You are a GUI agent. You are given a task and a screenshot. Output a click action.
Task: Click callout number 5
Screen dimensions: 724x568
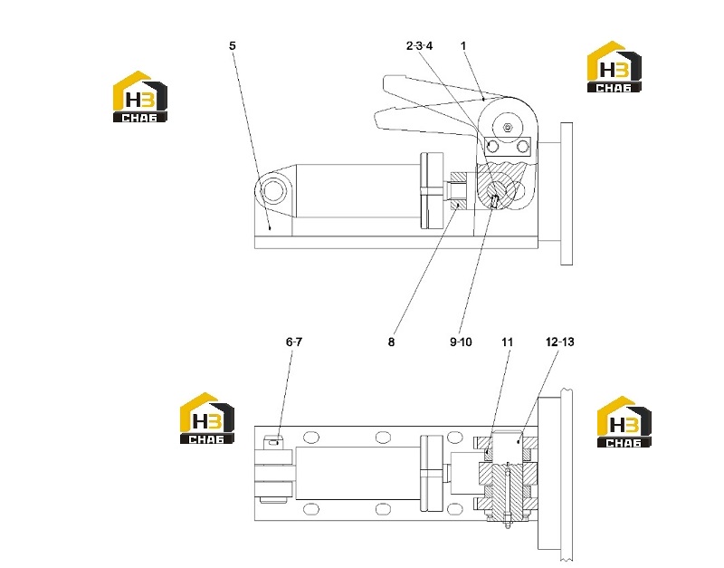[x=233, y=46]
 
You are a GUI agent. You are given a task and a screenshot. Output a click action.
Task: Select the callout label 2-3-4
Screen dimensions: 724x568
[x=419, y=46]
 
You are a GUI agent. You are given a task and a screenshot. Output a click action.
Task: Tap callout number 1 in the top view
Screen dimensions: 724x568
[x=463, y=46]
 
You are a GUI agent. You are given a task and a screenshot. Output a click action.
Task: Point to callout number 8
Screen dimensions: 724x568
[x=391, y=342]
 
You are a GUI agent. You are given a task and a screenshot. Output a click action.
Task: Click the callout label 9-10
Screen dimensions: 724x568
[x=461, y=342]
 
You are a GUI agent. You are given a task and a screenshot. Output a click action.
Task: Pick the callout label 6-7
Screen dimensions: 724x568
[x=293, y=342]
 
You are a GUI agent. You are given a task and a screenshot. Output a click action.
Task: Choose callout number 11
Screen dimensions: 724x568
[x=507, y=342]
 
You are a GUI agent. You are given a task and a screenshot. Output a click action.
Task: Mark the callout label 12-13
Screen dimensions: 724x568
[x=559, y=342]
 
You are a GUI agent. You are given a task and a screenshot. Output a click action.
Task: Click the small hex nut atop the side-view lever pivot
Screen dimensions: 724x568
[x=508, y=127]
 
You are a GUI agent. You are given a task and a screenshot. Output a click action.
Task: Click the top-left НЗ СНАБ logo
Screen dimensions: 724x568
[x=140, y=97]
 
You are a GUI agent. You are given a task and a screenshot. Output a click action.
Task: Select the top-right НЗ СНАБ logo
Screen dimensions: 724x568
[x=614, y=67]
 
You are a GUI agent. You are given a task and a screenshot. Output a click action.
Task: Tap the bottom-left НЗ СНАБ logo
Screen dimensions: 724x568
[x=207, y=419]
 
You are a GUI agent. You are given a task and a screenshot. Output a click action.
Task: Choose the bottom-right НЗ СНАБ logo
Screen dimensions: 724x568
[x=624, y=421]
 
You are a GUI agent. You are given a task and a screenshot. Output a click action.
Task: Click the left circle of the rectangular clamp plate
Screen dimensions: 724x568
[x=492, y=147]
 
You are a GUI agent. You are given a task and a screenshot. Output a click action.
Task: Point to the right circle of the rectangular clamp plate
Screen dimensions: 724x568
[x=523, y=147]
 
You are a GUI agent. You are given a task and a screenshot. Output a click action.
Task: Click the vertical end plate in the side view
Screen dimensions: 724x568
[x=567, y=194]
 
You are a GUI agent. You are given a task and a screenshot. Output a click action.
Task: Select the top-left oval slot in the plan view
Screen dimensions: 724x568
[x=311, y=438]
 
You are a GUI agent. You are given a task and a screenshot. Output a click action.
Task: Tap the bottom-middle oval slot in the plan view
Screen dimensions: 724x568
[x=383, y=509]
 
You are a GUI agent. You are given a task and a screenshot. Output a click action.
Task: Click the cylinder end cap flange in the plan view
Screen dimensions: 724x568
[x=432, y=473]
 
